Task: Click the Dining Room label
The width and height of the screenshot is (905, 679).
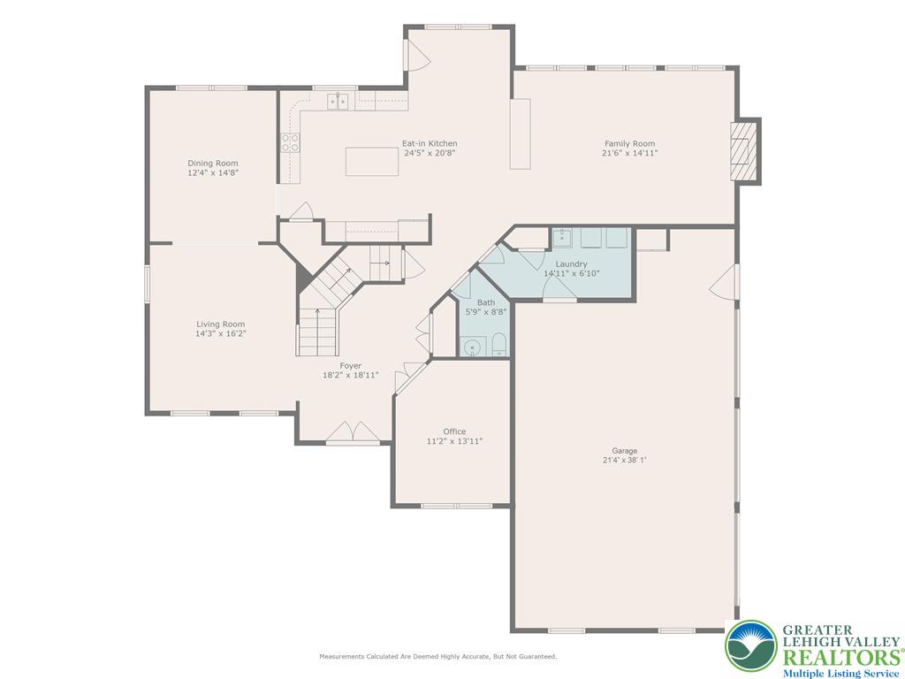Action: coord(212,163)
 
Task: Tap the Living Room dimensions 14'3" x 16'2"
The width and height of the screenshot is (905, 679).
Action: coord(220,334)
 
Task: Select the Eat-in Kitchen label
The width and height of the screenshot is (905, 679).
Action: coord(430,143)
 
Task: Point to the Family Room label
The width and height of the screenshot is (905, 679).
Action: coord(629,143)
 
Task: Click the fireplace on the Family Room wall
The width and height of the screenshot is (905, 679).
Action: coord(744,150)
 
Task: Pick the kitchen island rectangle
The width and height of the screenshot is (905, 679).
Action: coord(371,162)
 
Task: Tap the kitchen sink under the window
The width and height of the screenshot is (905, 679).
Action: coord(338,101)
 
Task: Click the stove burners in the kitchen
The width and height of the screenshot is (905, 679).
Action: coord(290,142)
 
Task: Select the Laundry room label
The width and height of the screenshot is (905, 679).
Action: coord(571,263)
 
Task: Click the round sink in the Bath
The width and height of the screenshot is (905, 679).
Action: coord(473,347)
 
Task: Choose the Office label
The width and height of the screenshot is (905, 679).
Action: coord(454,431)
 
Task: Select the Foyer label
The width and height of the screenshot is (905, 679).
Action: coord(351,365)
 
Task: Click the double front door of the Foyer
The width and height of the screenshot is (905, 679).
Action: coord(354,433)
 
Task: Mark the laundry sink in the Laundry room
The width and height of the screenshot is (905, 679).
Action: coord(563,238)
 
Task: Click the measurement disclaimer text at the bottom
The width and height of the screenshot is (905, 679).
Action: coord(437,657)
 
